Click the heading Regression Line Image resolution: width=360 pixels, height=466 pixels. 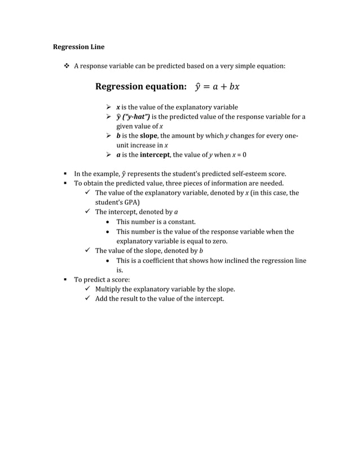click(78, 47)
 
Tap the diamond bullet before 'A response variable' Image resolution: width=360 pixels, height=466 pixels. click(67, 67)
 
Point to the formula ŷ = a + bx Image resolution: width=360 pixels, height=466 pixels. click(217, 87)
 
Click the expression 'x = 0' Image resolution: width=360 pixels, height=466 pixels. click(239, 154)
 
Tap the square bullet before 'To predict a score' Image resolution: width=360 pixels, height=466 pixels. click(66, 280)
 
